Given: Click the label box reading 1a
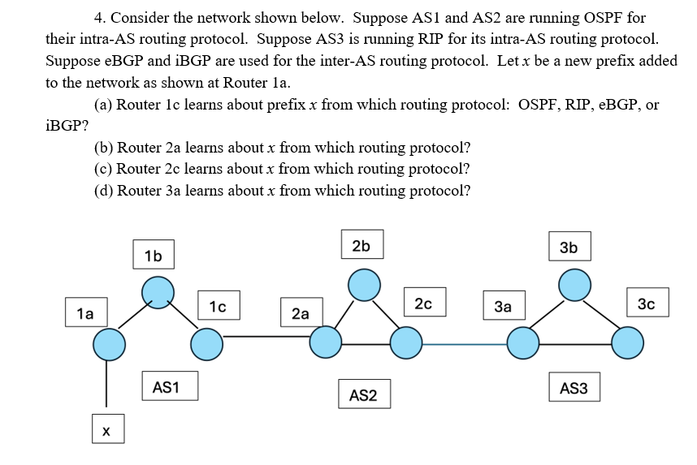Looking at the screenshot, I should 85,312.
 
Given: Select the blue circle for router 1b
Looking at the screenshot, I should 158,291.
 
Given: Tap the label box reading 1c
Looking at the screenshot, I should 217,306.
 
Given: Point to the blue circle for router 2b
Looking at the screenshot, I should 364,284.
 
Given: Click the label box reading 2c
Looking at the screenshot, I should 422,304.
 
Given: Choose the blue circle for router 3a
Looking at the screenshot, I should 523,343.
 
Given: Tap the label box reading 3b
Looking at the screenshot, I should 569,248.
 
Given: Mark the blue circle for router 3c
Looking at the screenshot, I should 627,343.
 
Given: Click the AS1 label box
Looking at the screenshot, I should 166,388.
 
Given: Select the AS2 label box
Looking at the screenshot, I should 363,395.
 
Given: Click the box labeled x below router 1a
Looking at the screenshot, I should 106,432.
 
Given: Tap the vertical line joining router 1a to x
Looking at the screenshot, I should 106,383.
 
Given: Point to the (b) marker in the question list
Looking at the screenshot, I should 104,148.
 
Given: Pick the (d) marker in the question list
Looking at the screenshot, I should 104,191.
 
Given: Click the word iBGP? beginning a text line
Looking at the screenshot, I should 67,126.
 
